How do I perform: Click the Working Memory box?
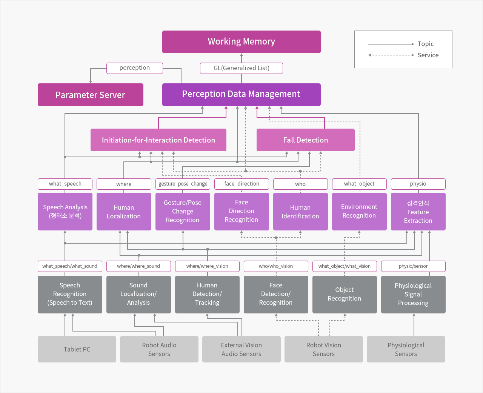pyautogui.click(x=241, y=42)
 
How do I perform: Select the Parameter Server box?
pyautogui.click(x=91, y=95)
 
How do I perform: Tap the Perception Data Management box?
pyautogui.click(x=241, y=95)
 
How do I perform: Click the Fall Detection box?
pyautogui.click(x=305, y=140)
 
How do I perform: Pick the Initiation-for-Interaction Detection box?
pyautogui.click(x=158, y=140)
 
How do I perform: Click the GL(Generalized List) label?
pyautogui.click(x=241, y=68)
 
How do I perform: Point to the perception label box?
pyautogui.click(x=135, y=68)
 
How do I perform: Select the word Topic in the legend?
pyautogui.click(x=426, y=44)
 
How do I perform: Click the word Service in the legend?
pyautogui.click(x=428, y=55)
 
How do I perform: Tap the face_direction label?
pyautogui.click(x=241, y=184)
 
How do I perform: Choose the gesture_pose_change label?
pyautogui.click(x=183, y=184)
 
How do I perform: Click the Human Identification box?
pyautogui.click(x=300, y=212)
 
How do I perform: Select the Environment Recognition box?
pyautogui.click(x=359, y=212)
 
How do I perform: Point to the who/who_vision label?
pyautogui.click(x=276, y=266)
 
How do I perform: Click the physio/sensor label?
pyautogui.click(x=413, y=266)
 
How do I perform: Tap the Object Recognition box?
pyautogui.click(x=345, y=295)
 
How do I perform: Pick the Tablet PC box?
pyautogui.click(x=77, y=349)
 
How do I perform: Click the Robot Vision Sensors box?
pyautogui.click(x=324, y=349)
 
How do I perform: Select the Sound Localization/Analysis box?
pyautogui.click(x=138, y=295)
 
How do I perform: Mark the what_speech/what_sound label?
pyautogui.click(x=70, y=266)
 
